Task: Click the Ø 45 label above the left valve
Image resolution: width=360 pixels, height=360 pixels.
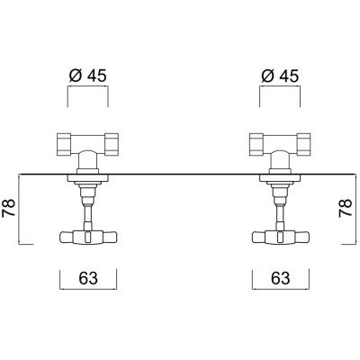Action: point(87,75)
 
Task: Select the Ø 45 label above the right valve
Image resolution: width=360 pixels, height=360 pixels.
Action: point(278,75)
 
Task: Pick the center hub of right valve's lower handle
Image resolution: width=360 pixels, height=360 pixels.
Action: point(278,238)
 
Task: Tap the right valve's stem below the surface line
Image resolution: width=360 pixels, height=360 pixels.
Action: point(278,211)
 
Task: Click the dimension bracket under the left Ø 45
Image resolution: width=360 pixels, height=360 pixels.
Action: point(87,90)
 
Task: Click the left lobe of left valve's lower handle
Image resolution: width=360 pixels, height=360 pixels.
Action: point(67,238)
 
